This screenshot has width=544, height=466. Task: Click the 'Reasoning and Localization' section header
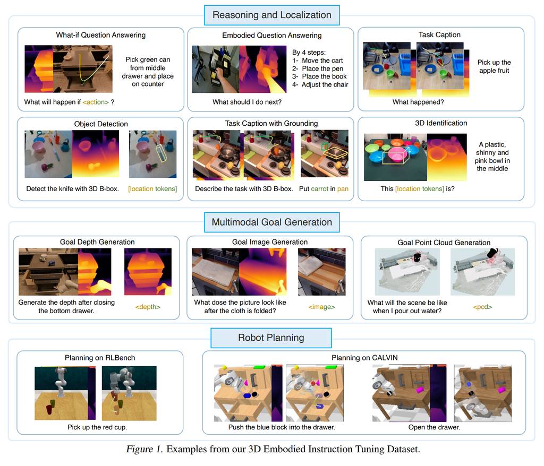click(271, 15)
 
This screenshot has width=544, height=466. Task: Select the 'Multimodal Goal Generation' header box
click(271, 222)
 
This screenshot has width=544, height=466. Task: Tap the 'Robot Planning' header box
click(271, 338)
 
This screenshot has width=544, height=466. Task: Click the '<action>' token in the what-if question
click(96, 102)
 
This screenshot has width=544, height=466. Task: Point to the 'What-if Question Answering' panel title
click(100, 35)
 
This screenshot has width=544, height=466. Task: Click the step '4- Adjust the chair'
click(320, 84)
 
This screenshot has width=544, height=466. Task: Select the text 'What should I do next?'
click(247, 102)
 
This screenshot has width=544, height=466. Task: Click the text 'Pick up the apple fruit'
click(494, 66)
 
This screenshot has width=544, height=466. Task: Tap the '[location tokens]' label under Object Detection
click(152, 188)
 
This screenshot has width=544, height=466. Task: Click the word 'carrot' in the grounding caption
click(319, 188)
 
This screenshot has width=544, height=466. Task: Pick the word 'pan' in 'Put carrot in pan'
click(343, 189)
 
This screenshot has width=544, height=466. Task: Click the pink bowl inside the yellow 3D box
click(396, 154)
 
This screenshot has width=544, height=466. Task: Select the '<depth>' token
click(148, 307)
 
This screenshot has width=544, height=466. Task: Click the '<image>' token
click(321, 307)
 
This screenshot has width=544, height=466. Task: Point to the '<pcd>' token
click(482, 307)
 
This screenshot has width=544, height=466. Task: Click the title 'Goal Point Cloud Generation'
click(444, 243)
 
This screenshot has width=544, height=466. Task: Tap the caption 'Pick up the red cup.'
click(97, 427)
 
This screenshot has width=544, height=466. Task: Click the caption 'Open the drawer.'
click(434, 427)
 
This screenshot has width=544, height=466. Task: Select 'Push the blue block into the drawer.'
click(282, 427)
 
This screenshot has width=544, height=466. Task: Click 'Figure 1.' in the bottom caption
click(144, 449)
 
